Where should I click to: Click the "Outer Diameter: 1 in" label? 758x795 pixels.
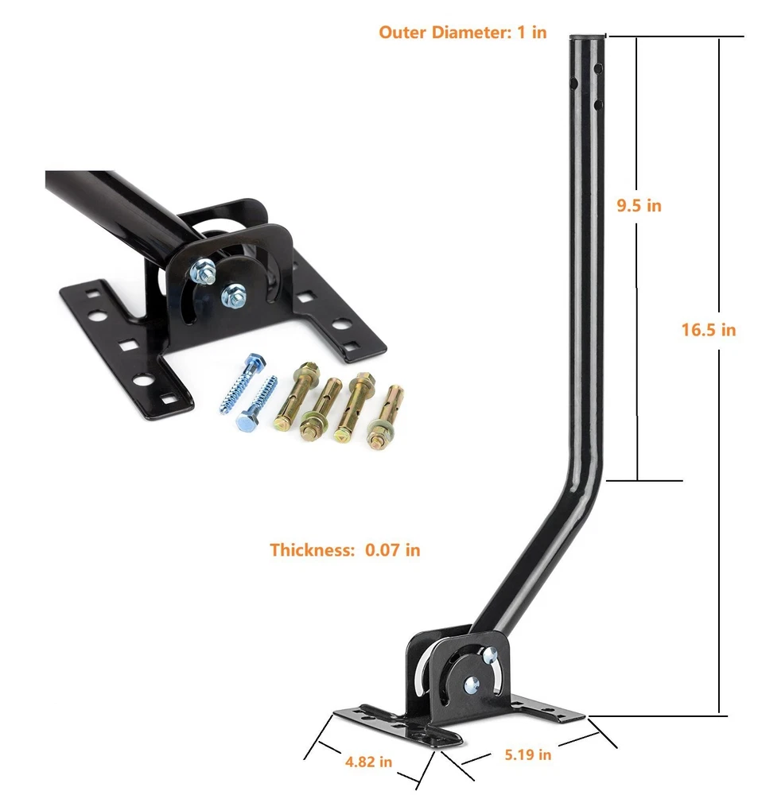463,33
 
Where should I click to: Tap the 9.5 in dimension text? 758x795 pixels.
639,205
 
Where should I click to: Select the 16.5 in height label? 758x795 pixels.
708,330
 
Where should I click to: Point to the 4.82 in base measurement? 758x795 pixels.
368,762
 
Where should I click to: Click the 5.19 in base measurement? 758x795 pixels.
527,754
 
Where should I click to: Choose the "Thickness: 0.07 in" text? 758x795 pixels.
345,549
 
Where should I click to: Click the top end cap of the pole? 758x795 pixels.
587,37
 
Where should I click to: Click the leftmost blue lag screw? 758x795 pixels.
243,383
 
